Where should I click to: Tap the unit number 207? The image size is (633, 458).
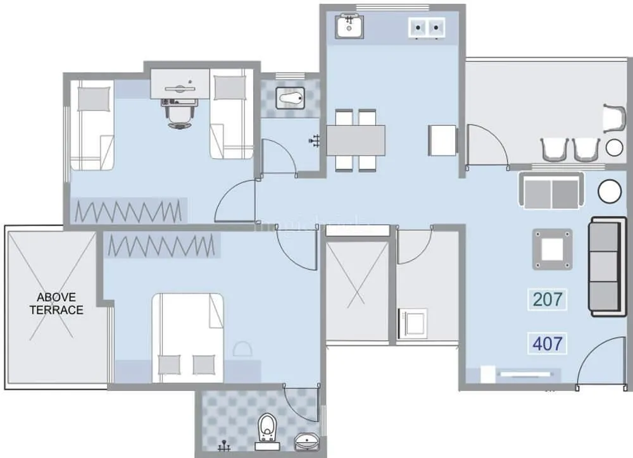point(548,299)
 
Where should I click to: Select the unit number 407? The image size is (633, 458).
point(548,344)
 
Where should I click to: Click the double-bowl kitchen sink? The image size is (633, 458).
point(427,27)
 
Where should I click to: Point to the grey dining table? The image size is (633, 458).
point(356,139)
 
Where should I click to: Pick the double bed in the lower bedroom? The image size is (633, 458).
point(187,337)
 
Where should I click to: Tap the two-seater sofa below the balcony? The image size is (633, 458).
point(551,190)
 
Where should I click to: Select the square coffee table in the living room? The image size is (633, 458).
point(552,249)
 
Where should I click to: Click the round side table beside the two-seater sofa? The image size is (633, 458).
point(610,192)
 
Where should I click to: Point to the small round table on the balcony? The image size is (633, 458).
point(614,148)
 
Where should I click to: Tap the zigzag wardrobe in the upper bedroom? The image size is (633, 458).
point(130,211)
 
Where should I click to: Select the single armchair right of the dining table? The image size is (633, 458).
point(443,140)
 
